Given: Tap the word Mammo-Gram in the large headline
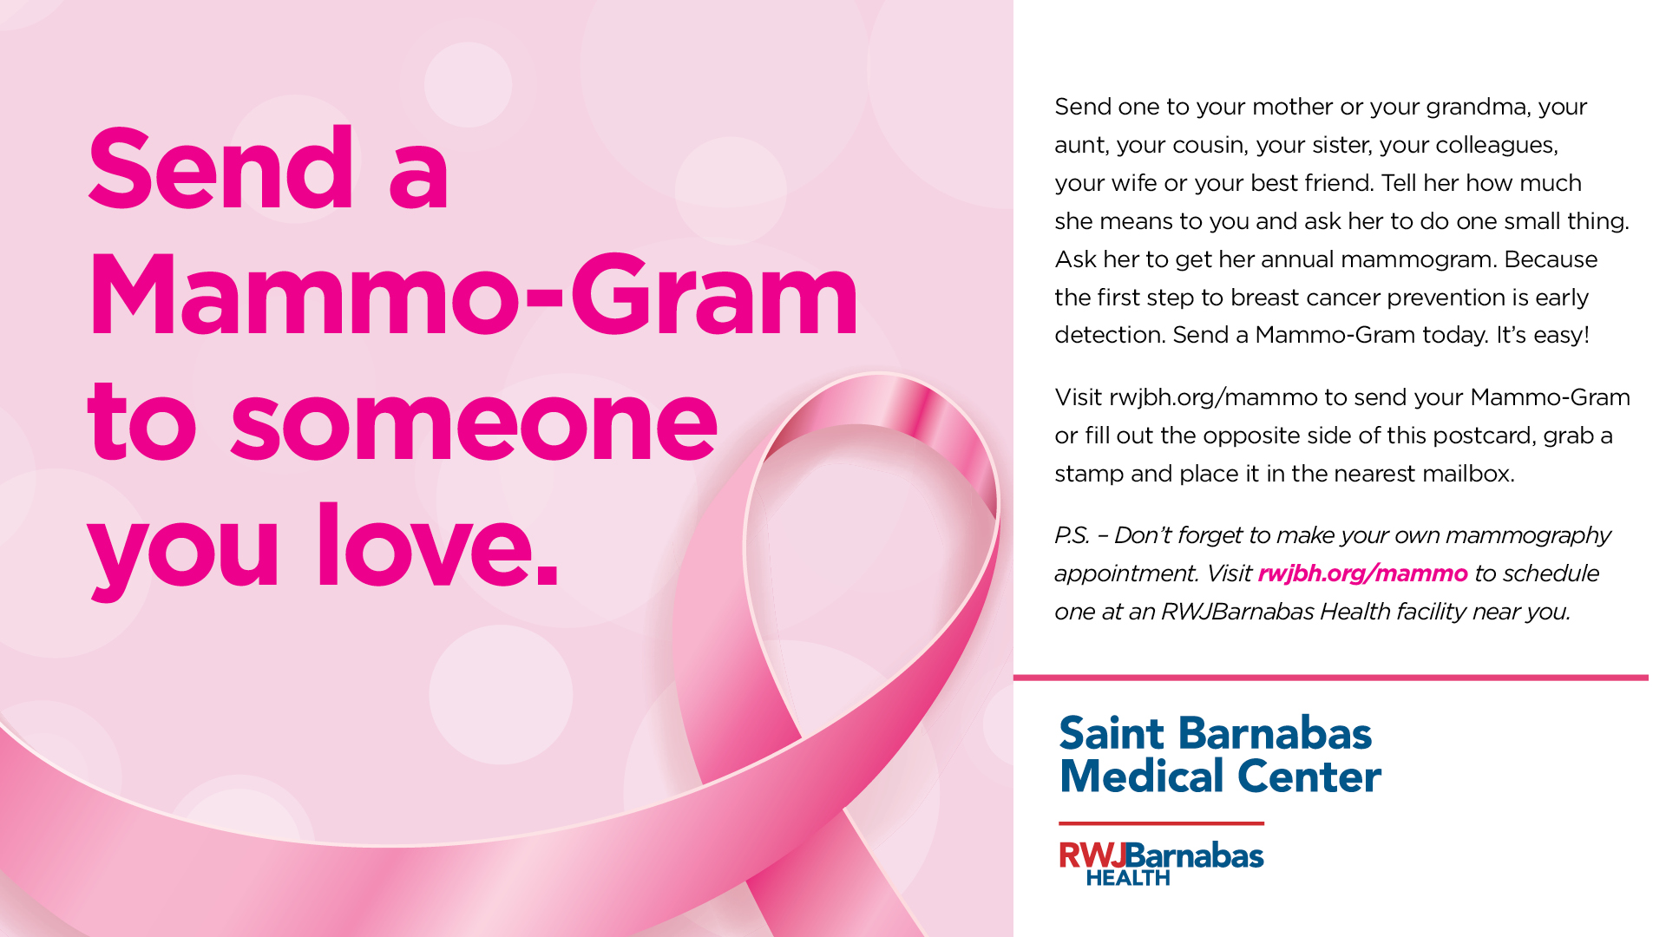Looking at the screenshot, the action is click(473, 294).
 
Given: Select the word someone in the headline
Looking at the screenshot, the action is click(474, 423).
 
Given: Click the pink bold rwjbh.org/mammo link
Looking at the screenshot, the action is click(1362, 573).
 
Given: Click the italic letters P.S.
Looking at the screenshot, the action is click(1072, 535).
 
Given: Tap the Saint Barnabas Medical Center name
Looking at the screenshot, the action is click(1220, 755).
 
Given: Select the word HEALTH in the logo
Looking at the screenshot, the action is click(1128, 878).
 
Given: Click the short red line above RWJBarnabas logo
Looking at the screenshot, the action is click(1161, 823).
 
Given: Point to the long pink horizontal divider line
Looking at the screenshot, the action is click(1331, 678).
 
